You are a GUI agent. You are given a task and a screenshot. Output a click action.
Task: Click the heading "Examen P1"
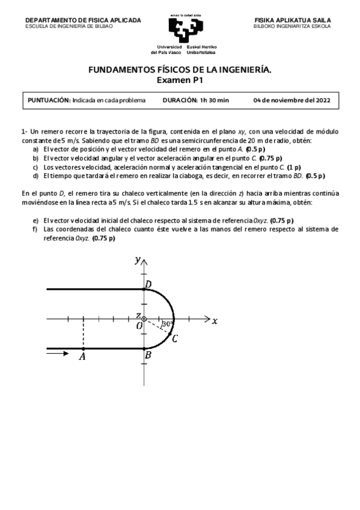180,79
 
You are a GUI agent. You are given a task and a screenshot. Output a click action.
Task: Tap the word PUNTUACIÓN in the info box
50,100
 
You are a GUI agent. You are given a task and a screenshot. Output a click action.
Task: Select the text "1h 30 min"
215,100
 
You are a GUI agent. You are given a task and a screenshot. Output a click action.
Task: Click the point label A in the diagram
82,357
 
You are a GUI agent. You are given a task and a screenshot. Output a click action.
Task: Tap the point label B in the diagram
148,355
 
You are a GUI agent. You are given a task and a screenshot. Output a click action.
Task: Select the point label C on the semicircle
174,339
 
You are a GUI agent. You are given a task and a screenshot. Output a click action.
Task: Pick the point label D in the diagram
148,283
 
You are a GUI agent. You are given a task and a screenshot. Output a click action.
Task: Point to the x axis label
214,321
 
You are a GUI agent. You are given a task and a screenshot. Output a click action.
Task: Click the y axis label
138,260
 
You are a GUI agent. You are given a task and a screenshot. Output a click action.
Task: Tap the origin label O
139,325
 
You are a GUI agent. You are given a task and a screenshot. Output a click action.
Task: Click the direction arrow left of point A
58,354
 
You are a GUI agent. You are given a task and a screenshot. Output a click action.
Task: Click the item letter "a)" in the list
36,149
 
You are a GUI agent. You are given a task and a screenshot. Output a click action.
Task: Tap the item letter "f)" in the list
36,229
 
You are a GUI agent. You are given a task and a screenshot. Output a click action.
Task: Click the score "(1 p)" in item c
294,167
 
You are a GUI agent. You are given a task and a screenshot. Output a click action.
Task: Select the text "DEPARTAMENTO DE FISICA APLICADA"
83,20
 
